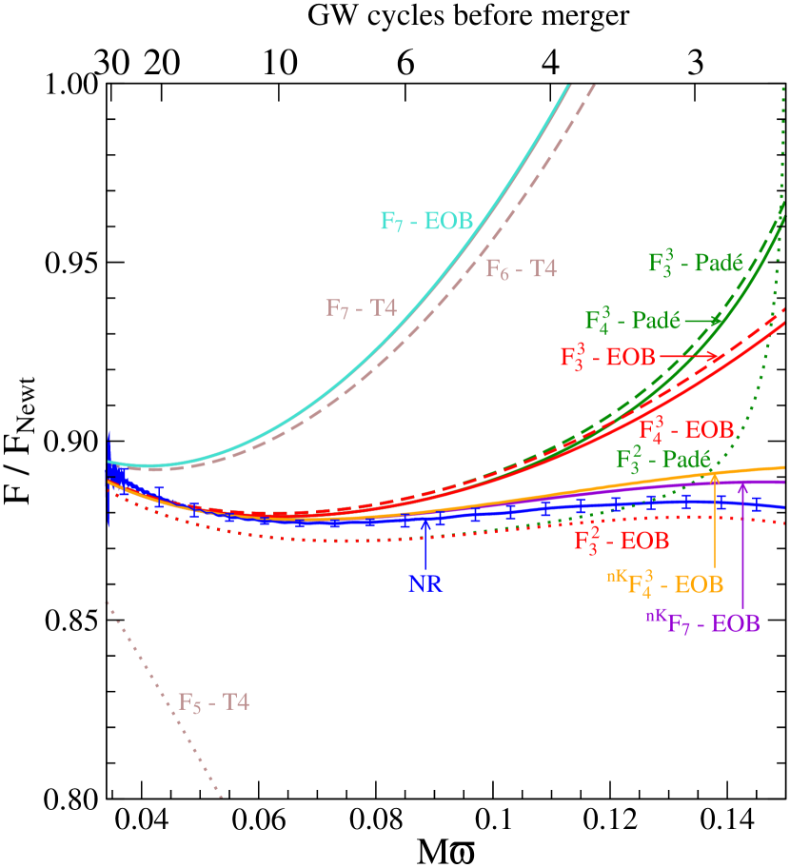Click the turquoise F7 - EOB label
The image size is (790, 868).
426,222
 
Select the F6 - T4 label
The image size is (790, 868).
521,269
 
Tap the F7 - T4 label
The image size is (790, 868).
361,308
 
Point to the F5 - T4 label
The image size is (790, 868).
213,703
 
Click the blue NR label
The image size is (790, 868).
425,583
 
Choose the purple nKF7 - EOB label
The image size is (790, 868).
702,623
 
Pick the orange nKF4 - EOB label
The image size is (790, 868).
663,582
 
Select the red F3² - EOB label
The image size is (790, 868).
621,541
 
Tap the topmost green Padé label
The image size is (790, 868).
695,263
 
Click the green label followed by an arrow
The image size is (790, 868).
632,319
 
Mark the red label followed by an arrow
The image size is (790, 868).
607,357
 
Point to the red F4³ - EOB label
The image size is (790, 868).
686,427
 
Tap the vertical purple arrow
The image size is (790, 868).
742,542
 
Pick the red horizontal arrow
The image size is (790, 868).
690,357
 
